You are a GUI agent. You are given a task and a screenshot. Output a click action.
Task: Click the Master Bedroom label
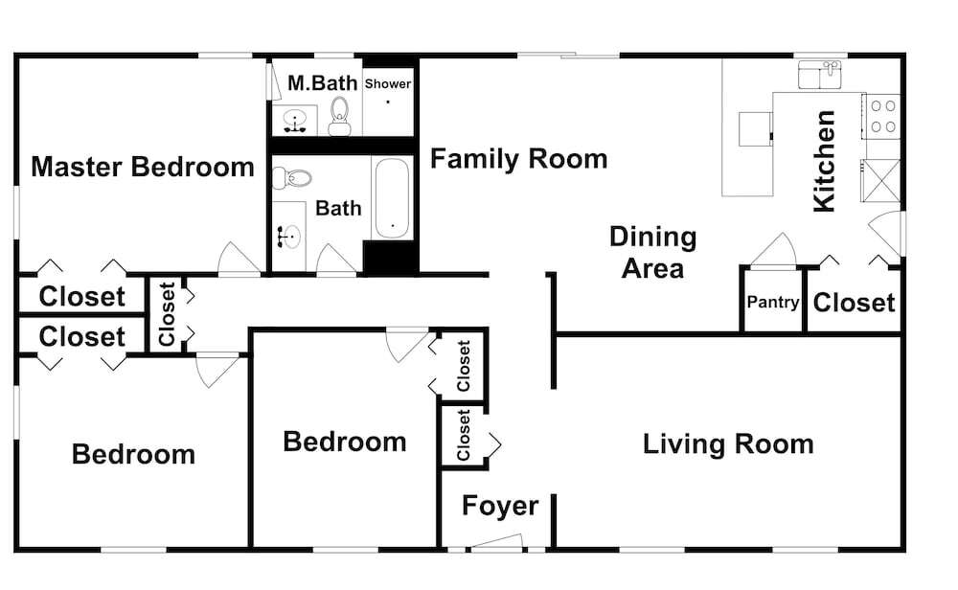click(x=143, y=167)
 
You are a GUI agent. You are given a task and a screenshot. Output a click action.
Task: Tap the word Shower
click(x=388, y=83)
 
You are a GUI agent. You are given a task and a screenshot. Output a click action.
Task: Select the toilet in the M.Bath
click(x=340, y=116)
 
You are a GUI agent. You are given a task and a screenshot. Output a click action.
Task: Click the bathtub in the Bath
click(x=392, y=198)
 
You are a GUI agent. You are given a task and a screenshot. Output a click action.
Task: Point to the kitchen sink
click(x=820, y=75)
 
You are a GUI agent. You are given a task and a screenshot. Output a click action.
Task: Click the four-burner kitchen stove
click(x=882, y=116)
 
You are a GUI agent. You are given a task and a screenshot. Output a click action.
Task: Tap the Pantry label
click(x=773, y=302)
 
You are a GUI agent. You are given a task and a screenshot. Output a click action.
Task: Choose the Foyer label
click(x=500, y=506)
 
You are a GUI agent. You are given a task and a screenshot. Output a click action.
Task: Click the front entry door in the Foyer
click(x=496, y=543)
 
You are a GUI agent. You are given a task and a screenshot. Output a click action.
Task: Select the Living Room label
click(x=728, y=444)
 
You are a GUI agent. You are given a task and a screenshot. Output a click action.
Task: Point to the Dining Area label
click(x=653, y=252)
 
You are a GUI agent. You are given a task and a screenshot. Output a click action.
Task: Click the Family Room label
click(x=518, y=159)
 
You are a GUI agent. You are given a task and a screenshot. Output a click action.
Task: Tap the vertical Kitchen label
click(x=824, y=161)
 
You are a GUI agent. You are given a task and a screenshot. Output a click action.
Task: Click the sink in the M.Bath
click(x=295, y=120)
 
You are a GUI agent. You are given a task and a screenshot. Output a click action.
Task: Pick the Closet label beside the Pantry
click(x=855, y=303)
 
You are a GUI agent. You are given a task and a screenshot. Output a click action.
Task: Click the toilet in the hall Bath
click(x=291, y=178)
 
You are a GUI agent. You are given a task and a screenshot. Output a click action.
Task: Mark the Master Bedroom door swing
click(x=239, y=259)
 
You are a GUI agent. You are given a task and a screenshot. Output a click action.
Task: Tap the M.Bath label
click(x=323, y=83)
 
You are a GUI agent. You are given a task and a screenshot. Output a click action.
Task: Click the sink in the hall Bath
click(x=289, y=236)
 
